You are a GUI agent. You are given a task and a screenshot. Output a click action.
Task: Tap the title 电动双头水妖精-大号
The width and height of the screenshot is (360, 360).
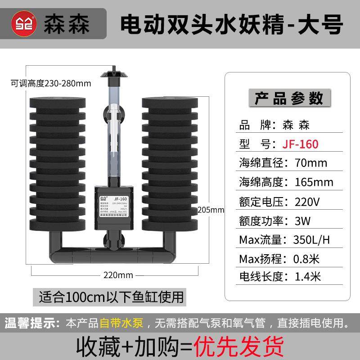point(232,22)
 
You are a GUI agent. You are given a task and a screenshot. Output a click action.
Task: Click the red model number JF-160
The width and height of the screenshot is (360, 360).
point(301,144)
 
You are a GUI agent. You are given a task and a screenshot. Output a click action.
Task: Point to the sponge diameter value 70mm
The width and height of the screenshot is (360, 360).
point(310,163)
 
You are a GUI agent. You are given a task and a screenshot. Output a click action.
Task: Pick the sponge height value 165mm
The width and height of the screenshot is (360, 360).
point(314,182)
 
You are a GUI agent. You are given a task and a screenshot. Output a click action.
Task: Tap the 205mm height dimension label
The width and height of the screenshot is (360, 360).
point(211,210)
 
